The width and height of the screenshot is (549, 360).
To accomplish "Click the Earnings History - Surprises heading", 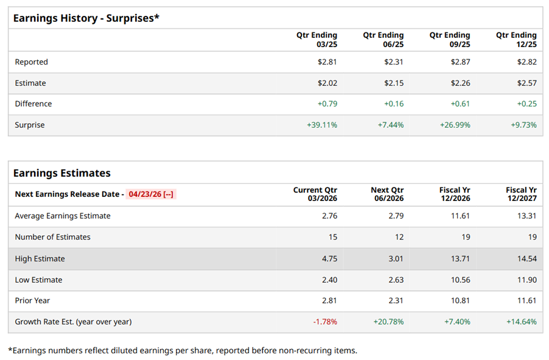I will (86, 18).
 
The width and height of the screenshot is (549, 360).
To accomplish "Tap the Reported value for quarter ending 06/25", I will (394, 62).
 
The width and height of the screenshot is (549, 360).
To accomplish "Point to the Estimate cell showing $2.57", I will (526, 83).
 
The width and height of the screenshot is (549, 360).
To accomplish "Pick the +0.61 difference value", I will (460, 104).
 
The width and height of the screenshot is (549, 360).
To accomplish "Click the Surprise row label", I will (30, 125).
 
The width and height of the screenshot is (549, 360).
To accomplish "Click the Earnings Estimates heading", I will (61, 173).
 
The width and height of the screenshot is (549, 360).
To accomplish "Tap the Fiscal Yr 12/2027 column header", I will (521, 194).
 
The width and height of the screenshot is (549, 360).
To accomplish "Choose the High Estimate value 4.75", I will (329, 259).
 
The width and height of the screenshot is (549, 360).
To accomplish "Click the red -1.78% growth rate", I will (325, 322).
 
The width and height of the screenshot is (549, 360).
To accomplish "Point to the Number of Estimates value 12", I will (399, 237).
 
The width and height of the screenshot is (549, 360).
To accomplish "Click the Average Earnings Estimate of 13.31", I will (526, 216).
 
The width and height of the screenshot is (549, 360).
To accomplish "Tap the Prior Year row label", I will (32, 300).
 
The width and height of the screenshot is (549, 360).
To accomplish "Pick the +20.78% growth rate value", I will (388, 322).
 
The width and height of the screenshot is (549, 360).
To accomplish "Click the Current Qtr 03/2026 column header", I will (315, 194).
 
